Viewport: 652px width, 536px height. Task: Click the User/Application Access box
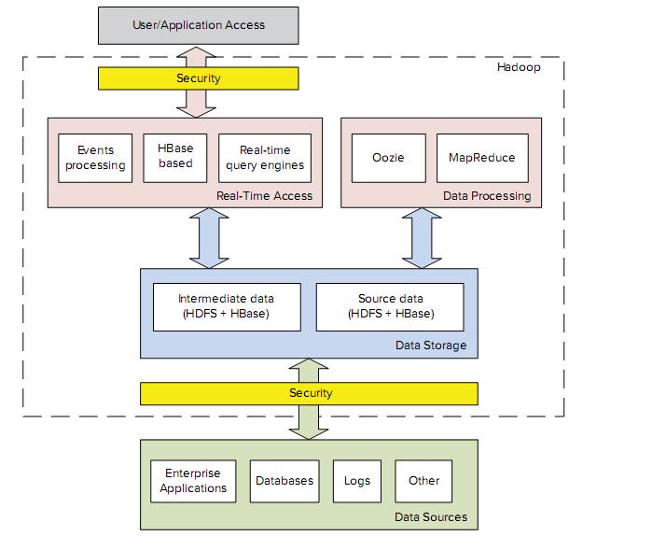tap(199, 24)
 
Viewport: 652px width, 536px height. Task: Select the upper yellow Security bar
tap(199, 78)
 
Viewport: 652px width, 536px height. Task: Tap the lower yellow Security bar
tap(309, 393)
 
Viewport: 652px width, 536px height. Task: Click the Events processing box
tap(95, 158)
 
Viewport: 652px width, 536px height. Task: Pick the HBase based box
tap(175, 157)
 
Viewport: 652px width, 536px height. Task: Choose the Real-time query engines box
tap(264, 158)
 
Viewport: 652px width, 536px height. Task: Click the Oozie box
tap(389, 158)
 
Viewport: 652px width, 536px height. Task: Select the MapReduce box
tap(482, 158)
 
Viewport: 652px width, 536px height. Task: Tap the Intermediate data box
tap(228, 306)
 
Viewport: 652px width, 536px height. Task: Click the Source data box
tap(390, 306)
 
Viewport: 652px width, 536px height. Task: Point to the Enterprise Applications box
tap(193, 481)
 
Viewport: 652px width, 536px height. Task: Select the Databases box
tap(284, 481)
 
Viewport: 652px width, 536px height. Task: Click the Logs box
tap(357, 481)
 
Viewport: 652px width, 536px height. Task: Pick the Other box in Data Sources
tap(423, 481)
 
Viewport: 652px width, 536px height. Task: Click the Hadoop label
tap(518, 68)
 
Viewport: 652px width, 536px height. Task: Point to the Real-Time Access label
tap(264, 196)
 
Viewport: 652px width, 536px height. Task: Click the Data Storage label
tap(431, 346)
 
